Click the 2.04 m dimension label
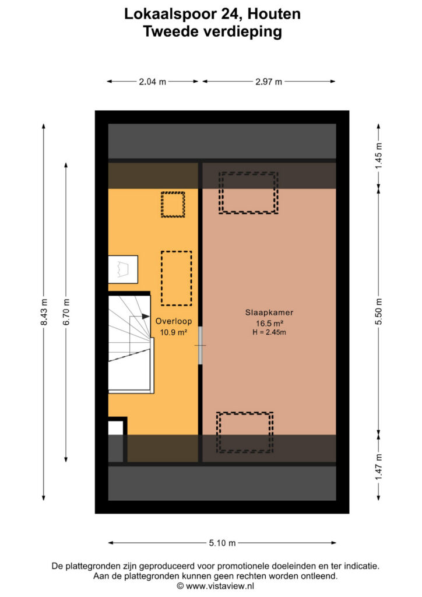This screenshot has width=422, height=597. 152,82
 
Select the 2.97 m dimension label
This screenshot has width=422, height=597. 269,82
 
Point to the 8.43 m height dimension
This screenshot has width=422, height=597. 44,312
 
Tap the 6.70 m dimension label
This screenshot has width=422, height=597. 66,312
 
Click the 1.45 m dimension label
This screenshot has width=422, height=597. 378,156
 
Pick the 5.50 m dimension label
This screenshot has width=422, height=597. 378,312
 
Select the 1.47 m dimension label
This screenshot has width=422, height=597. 378,467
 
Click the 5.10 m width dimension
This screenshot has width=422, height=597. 222,543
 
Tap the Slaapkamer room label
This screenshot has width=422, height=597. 269,312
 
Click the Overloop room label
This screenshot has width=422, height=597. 174,321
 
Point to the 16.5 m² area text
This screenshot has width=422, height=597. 269,324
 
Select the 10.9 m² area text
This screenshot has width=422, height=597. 173,332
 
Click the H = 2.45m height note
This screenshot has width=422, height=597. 269,332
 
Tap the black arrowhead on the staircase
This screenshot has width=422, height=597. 146,316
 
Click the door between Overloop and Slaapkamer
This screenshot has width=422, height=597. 200,346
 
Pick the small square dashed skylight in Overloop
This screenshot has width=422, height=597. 173,205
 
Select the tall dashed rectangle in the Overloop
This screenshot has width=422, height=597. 176,278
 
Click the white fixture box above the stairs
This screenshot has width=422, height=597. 123,269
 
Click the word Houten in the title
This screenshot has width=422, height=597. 274,14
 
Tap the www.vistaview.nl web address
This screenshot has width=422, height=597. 220,586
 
